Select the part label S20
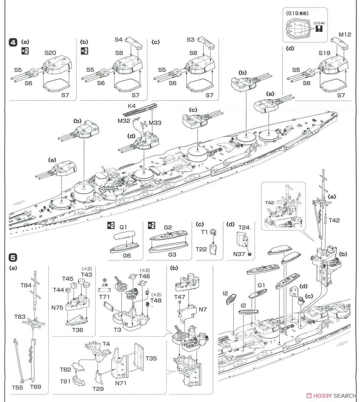pos(50,53)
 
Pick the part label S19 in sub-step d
pos(325,53)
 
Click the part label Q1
pos(123,227)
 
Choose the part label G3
pos(168,254)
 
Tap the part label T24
pos(244,227)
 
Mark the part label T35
pos(151,358)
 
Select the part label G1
pos(261,285)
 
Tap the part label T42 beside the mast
pos(334,220)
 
